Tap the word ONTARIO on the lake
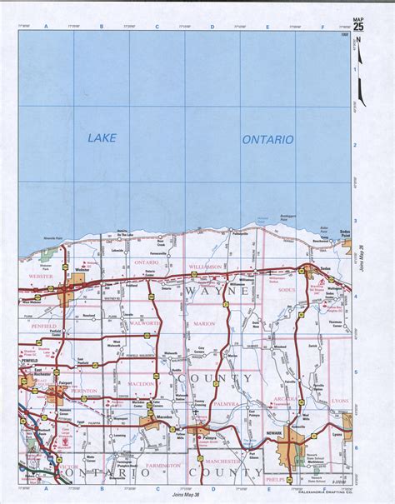[267, 140]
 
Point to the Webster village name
[82, 270]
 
